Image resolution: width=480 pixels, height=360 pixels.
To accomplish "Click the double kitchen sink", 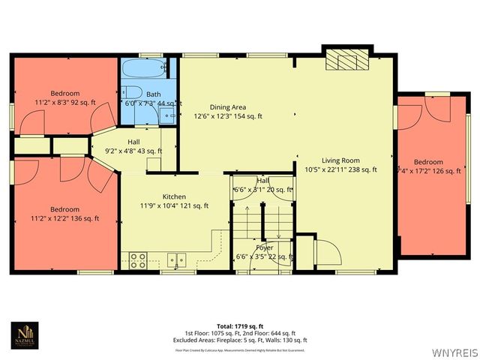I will [178, 260].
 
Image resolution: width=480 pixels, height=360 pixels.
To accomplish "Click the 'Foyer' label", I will [264, 247].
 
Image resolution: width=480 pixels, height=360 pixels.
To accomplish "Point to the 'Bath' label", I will [152, 94].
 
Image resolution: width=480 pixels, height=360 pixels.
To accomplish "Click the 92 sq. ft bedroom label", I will [64, 94].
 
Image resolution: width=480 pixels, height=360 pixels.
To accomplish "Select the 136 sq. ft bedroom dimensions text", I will [64, 219].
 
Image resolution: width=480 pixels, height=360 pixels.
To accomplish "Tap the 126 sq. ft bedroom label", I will [428, 162].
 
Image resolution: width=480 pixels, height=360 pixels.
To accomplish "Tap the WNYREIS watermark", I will [452, 349].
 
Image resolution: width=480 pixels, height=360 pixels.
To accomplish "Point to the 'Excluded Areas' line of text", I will [241, 340].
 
